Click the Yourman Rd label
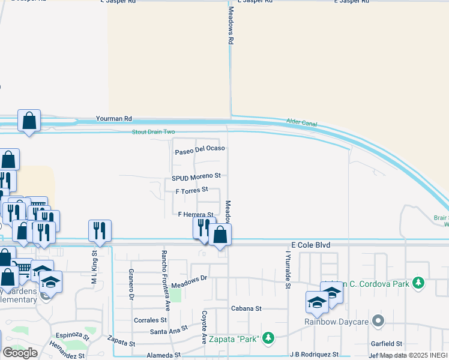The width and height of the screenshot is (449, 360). click(x=113, y=119)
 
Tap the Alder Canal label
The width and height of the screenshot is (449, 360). click(x=302, y=124)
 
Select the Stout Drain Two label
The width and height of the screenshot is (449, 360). click(x=154, y=132)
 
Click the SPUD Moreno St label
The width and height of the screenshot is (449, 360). click(x=197, y=177)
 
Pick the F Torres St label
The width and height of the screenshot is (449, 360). click(x=191, y=190)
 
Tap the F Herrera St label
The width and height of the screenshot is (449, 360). click(x=196, y=214)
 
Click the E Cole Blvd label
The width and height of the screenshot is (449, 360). click(x=311, y=245)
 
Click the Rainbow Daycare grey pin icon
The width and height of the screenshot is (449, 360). click(x=378, y=321)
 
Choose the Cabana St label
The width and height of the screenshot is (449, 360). click(x=247, y=308)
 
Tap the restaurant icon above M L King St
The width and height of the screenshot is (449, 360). click(x=100, y=230)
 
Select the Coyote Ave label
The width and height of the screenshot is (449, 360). click(x=204, y=327)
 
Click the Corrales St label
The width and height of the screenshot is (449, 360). click(x=149, y=320)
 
